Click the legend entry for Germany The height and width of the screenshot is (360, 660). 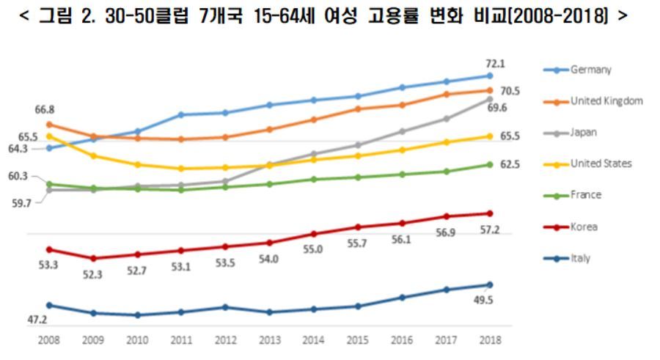click(x=590, y=70)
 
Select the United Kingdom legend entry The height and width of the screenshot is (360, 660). click(x=606, y=101)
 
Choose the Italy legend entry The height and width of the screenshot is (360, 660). click(x=580, y=259)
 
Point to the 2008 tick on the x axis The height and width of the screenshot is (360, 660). click(x=48, y=340)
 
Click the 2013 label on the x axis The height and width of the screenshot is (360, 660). click(x=269, y=340)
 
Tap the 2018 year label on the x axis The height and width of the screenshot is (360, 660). click(x=490, y=340)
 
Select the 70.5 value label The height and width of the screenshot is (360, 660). click(x=510, y=91)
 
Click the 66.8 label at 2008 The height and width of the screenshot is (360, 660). click(x=44, y=109)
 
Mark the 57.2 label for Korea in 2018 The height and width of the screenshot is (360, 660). click(x=489, y=230)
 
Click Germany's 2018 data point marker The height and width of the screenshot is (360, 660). click(x=490, y=76)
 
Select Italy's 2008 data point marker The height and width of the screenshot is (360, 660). click(x=49, y=305)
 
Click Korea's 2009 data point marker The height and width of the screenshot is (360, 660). click(x=93, y=258)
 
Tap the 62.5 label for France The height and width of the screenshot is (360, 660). click(x=510, y=165)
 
